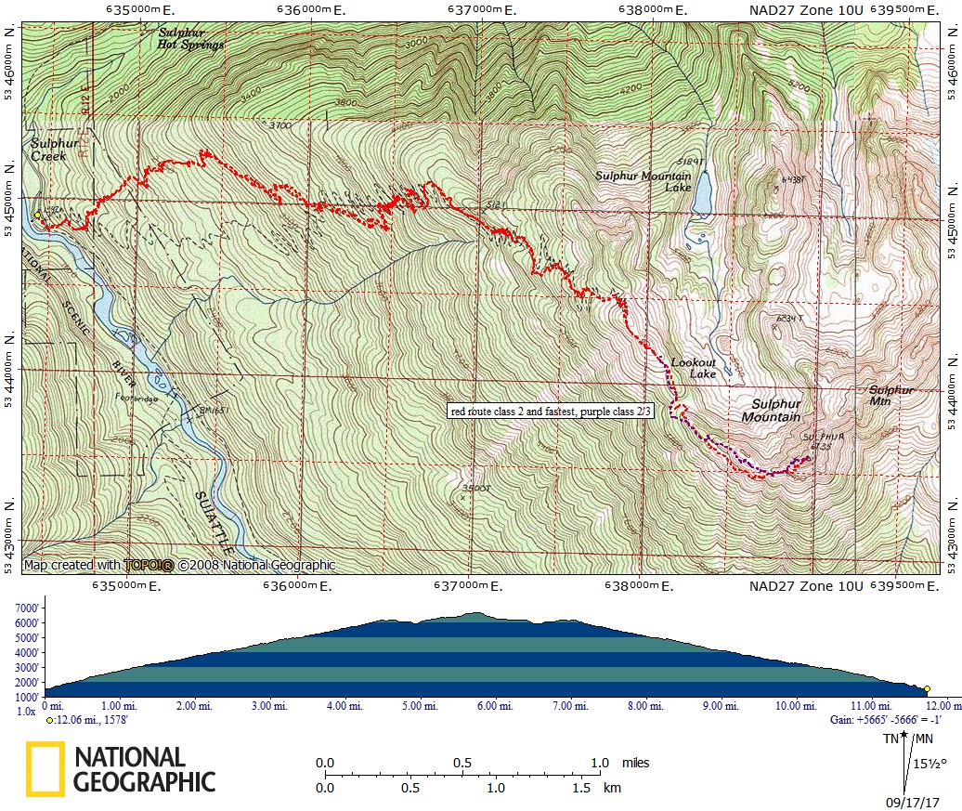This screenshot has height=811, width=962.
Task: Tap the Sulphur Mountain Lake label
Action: [643, 181]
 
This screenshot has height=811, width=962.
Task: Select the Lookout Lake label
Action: [694, 368]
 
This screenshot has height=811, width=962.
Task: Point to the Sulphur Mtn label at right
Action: [891, 395]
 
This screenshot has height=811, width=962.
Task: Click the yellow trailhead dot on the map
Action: [37, 215]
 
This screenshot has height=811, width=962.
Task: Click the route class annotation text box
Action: [552, 411]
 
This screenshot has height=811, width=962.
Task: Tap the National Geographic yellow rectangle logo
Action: [45, 769]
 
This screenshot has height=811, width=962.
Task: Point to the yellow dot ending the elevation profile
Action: [927, 689]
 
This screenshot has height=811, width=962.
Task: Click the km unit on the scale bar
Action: [612, 787]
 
